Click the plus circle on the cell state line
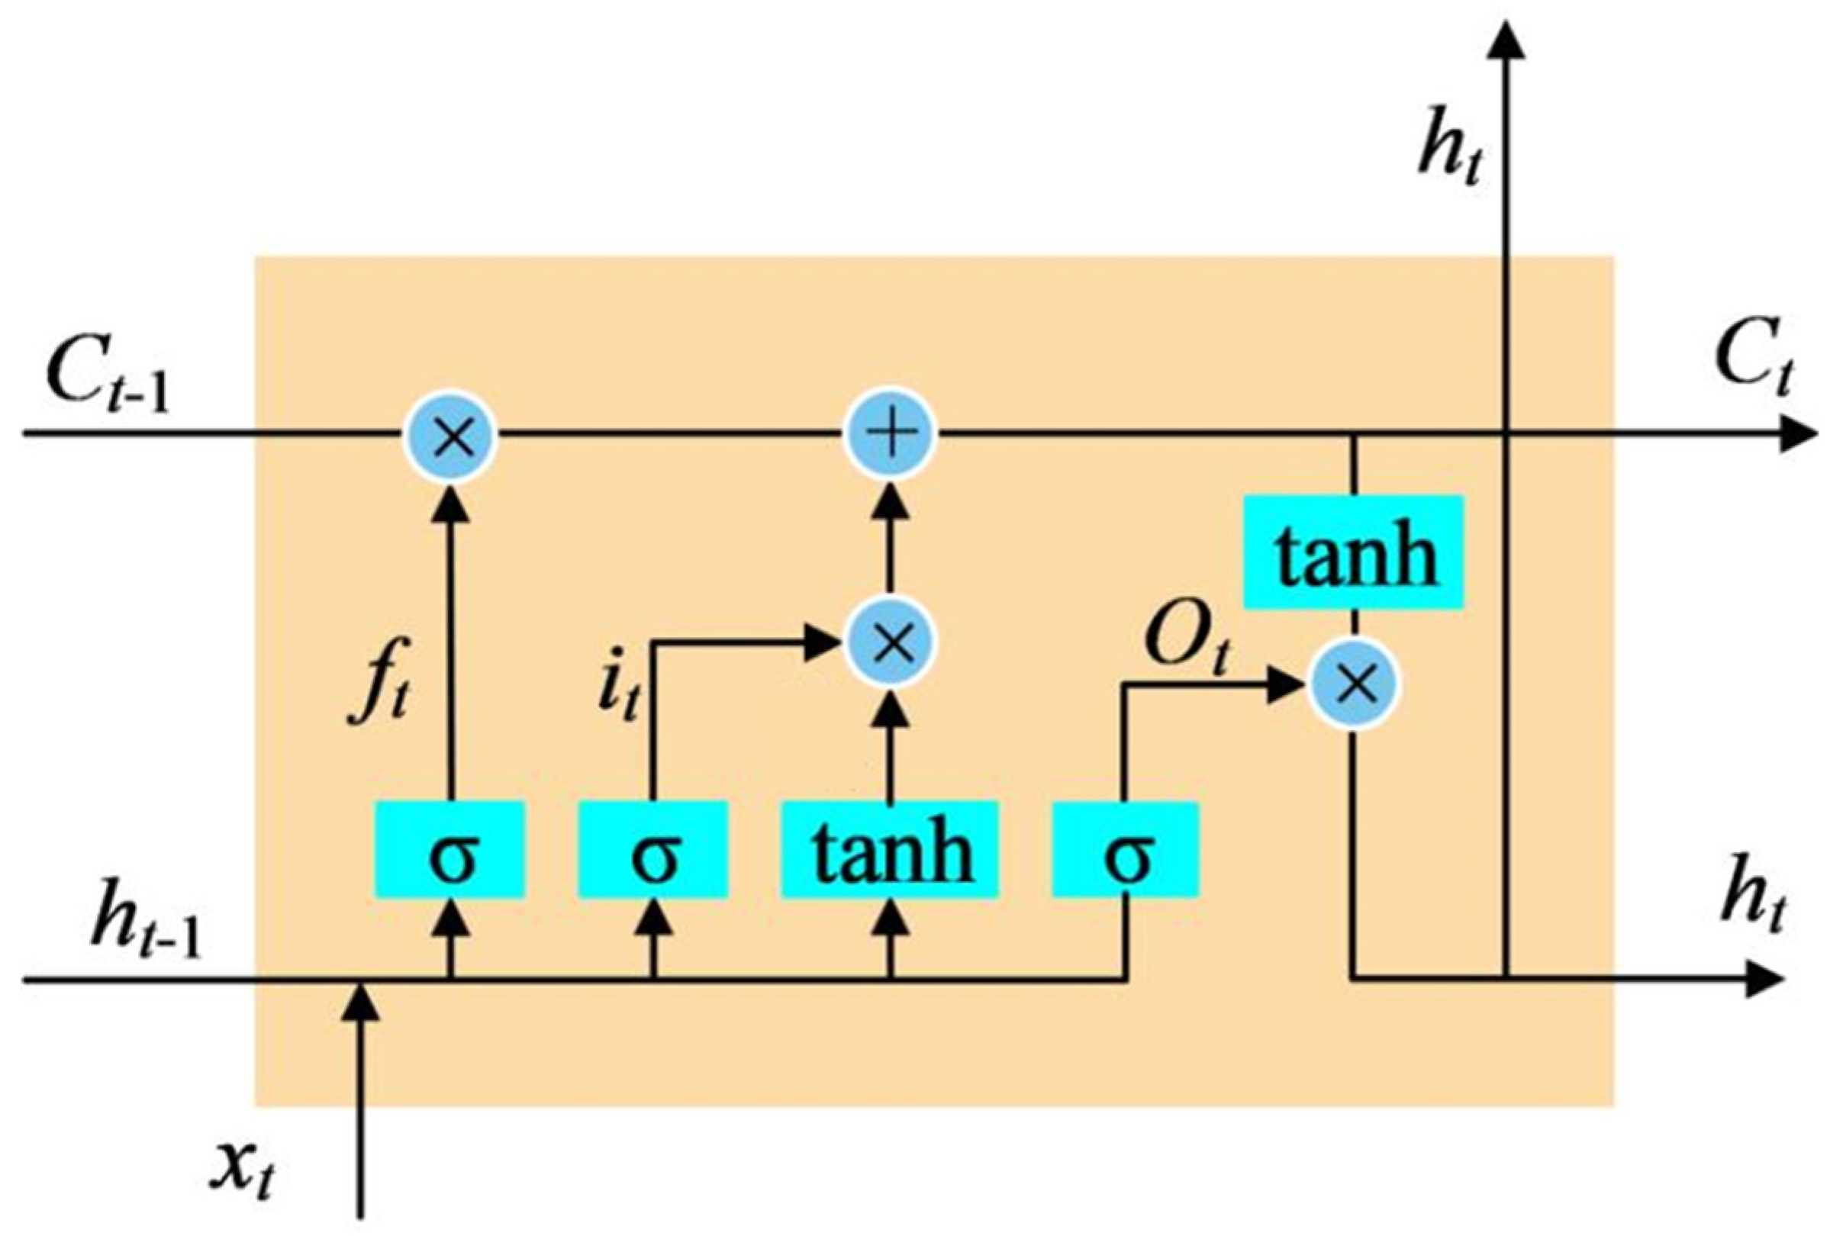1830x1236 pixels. pyautogui.click(x=890, y=435)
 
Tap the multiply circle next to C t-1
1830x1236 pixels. pyautogui.click(x=450, y=435)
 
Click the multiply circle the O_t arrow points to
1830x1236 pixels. pyautogui.click(x=1354, y=684)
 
